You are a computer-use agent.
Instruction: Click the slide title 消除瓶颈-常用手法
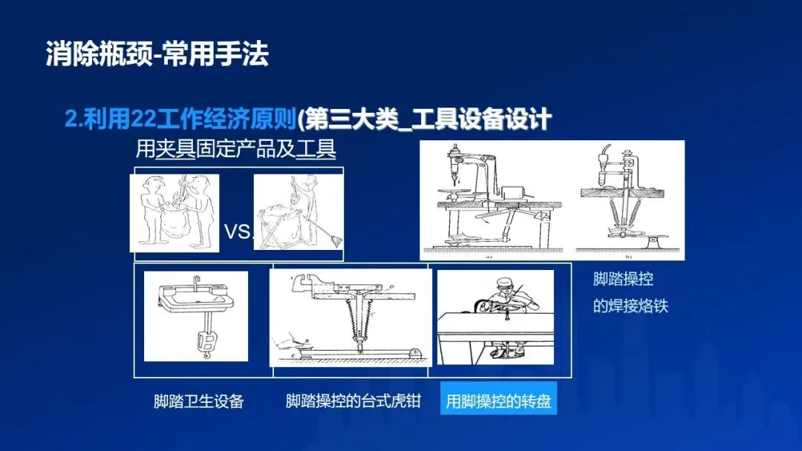[x=157, y=54]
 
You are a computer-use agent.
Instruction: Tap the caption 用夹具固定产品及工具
[x=236, y=149]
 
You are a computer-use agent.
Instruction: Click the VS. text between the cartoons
[x=238, y=232]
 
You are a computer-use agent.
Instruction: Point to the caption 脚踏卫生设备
[x=198, y=401]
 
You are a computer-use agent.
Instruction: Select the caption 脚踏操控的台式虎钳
[x=353, y=401]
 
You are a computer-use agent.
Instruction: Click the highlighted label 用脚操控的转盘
[x=499, y=401]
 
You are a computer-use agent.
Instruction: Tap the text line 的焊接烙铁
[x=630, y=306]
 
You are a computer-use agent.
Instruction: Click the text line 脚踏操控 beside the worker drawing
[x=623, y=279]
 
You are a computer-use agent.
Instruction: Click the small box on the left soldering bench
[x=512, y=193]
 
